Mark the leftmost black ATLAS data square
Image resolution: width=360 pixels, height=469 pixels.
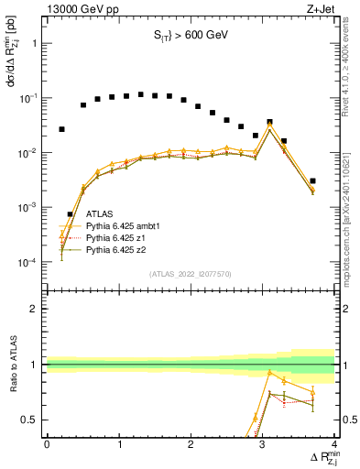tap(61, 129)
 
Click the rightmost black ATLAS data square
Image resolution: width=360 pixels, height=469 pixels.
tap(312, 181)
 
